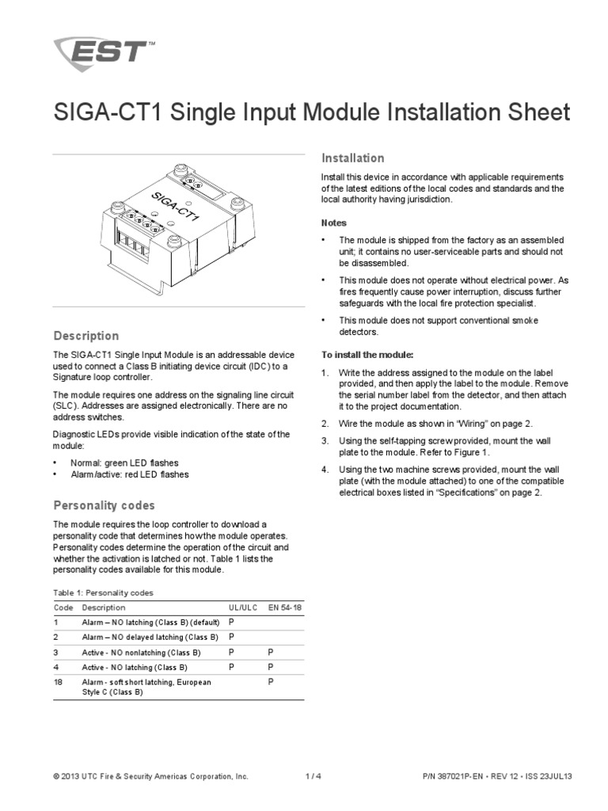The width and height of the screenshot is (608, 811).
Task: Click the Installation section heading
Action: [352, 158]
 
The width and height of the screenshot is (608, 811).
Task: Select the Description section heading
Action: [85, 336]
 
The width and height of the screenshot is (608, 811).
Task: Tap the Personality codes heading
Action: [104, 505]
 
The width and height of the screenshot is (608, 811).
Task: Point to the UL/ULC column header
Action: [242, 607]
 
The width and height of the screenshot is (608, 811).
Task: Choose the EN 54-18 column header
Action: [285, 607]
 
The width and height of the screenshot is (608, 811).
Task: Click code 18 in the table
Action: [58, 682]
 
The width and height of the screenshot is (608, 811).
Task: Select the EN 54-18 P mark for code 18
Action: [271, 682]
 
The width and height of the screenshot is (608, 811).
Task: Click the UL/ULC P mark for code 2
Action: [232, 637]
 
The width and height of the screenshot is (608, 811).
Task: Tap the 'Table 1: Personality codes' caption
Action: [103, 592]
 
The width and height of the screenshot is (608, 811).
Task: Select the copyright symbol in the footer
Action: [56, 777]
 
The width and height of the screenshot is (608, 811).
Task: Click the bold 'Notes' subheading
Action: [333, 223]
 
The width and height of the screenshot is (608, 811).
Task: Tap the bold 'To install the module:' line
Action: [367, 354]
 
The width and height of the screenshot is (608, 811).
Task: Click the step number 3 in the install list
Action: [325, 440]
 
